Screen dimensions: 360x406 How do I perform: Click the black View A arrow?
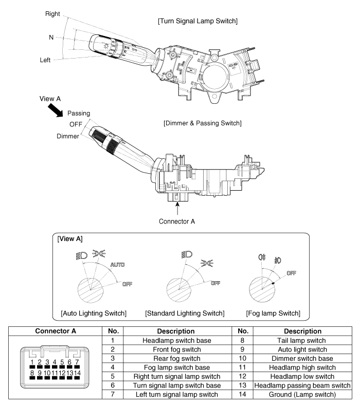(x=56, y=110)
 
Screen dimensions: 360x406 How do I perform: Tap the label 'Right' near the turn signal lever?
(x=52, y=14)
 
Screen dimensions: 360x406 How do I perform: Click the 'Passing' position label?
(x=79, y=113)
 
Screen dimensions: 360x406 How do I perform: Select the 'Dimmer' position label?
(x=68, y=136)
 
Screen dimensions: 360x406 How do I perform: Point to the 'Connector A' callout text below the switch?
(x=177, y=222)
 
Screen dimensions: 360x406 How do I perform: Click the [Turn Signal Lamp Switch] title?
(x=197, y=21)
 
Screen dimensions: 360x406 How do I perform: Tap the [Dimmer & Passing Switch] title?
(x=203, y=123)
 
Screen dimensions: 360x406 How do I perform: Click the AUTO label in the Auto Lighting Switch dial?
(x=117, y=265)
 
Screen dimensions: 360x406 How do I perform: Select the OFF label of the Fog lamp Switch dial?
(x=291, y=273)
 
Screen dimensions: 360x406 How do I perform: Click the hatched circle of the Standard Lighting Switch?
(x=179, y=289)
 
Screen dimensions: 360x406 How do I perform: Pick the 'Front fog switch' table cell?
(x=177, y=349)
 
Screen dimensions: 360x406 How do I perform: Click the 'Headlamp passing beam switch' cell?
(x=302, y=385)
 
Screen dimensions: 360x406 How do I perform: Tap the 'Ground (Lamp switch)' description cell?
(x=302, y=395)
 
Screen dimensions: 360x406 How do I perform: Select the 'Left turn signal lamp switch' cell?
(x=177, y=395)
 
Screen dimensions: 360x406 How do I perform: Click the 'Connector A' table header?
(x=56, y=331)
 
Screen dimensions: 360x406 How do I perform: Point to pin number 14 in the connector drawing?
(x=77, y=373)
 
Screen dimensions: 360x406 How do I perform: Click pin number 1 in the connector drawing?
(x=32, y=362)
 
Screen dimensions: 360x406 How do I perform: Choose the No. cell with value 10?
(x=242, y=359)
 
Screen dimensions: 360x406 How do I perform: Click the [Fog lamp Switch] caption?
(x=273, y=313)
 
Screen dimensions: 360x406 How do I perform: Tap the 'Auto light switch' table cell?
(x=302, y=349)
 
